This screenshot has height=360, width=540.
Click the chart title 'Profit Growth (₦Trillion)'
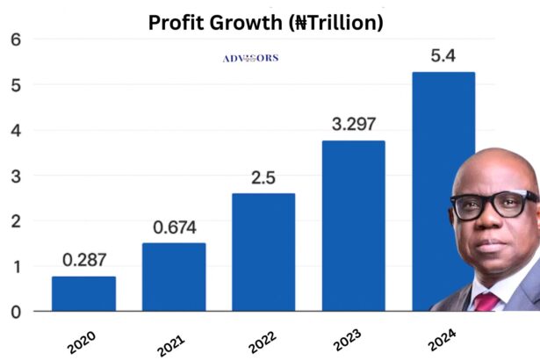point(265,22)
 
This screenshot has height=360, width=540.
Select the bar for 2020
point(83,293)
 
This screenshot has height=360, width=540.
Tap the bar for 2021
point(173,277)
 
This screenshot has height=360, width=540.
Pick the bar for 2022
point(263,252)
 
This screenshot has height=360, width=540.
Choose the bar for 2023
point(353,226)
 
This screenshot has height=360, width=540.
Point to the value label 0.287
point(83,261)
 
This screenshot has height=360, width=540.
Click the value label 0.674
point(173,228)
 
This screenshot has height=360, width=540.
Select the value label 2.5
point(263,178)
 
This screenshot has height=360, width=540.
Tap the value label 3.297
point(353,125)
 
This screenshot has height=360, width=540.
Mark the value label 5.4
point(443,56)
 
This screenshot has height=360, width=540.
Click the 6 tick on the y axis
point(15,40)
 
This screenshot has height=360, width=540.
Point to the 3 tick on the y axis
point(15,176)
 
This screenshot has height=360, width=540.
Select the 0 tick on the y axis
point(15,312)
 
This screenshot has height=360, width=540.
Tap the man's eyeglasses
point(495,205)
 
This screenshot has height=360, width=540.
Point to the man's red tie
point(486,301)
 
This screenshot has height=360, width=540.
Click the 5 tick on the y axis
point(15,86)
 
